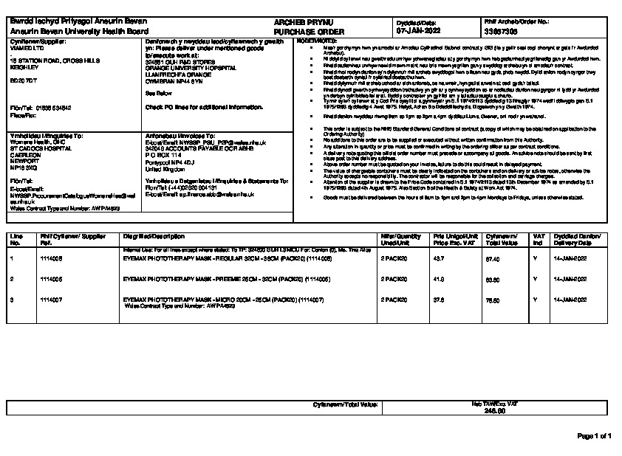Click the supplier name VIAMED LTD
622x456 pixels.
tap(27, 48)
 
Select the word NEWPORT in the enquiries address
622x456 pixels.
tap(23, 158)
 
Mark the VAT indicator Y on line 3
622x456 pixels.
tap(534, 300)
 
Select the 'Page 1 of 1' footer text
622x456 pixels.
tap(594, 436)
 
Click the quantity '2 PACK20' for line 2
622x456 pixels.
tap(394, 280)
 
